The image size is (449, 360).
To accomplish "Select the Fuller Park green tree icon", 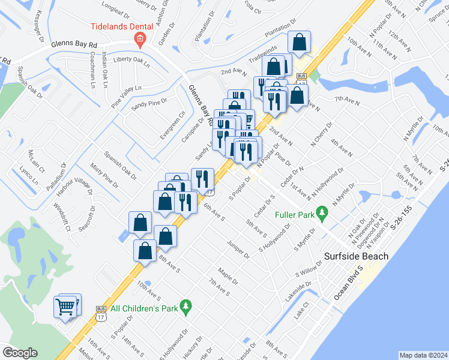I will click(x=322, y=212).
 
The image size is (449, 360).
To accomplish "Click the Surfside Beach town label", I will click(x=357, y=256).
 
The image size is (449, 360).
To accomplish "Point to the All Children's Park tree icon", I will click(x=186, y=307).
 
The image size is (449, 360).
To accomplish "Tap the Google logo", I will click(x=20, y=352).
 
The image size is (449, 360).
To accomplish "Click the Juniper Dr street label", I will click(x=238, y=250).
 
